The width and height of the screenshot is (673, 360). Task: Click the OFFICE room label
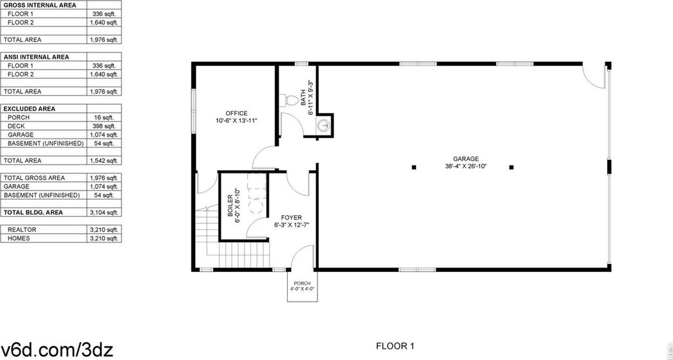click(x=237, y=113)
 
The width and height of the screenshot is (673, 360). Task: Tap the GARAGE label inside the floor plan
click(x=466, y=159)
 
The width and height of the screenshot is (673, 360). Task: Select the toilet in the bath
click(x=289, y=100)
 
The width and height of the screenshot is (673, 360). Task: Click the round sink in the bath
click(x=325, y=125)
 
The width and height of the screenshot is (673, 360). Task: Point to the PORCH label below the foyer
click(x=302, y=284)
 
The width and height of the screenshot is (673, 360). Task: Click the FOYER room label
click(x=291, y=218)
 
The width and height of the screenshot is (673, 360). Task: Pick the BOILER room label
click(x=230, y=206)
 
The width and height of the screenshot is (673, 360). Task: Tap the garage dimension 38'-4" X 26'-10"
click(x=466, y=166)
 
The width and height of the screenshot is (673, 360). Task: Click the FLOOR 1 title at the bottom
click(x=395, y=346)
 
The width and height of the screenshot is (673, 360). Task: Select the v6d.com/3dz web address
click(x=57, y=349)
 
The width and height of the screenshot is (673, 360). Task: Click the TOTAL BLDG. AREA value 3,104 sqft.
click(x=104, y=212)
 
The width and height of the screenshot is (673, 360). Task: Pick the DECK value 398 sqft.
click(x=104, y=126)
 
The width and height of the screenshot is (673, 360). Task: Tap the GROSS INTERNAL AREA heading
click(x=40, y=5)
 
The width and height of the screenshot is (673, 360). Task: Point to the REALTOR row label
click(x=22, y=229)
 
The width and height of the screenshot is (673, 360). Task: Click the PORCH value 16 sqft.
click(x=104, y=118)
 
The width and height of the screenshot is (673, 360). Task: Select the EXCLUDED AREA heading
click(x=30, y=109)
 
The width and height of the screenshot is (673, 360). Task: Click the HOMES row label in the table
click(x=19, y=238)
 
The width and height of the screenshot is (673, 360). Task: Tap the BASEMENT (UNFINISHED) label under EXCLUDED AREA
click(x=45, y=143)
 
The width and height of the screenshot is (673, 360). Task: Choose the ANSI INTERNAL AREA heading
click(x=37, y=57)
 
